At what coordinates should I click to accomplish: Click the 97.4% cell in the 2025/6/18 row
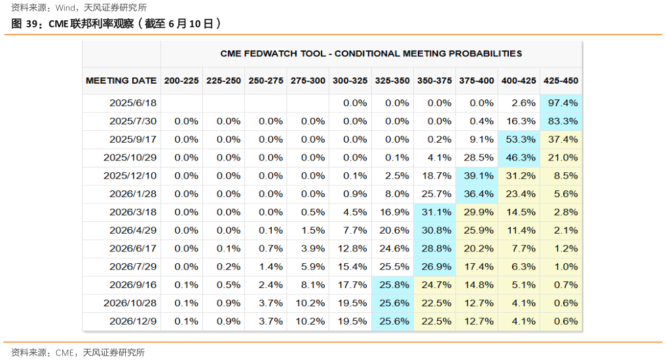pyautogui.click(x=561, y=103)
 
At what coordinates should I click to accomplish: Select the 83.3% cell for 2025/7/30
pyautogui.click(x=561, y=121)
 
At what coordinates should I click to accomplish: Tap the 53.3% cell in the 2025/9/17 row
pyautogui.click(x=519, y=139)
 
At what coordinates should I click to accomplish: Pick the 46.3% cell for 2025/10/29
pyautogui.click(x=519, y=158)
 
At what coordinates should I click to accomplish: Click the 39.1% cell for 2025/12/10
pyautogui.click(x=477, y=176)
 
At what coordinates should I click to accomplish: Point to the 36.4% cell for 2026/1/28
pyautogui.click(x=477, y=194)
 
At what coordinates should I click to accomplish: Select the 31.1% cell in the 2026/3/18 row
pyautogui.click(x=434, y=212)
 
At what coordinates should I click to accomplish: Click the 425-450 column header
pyautogui.click(x=561, y=81)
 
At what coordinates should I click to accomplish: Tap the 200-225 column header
pyautogui.click(x=181, y=81)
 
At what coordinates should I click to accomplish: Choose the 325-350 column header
pyautogui.click(x=392, y=81)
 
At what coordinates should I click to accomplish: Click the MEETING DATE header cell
pyautogui.click(x=121, y=81)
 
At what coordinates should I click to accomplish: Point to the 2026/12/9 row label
pyautogui.click(x=133, y=321)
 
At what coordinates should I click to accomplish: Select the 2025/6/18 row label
pyautogui.click(x=133, y=103)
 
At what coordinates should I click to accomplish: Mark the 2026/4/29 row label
pyautogui.click(x=133, y=230)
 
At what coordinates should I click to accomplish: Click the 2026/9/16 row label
pyautogui.click(x=133, y=285)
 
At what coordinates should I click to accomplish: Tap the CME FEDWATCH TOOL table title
pyautogui.click(x=371, y=53)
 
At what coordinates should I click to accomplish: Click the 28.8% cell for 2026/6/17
pyautogui.click(x=434, y=249)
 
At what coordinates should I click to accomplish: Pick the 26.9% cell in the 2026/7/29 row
pyautogui.click(x=434, y=267)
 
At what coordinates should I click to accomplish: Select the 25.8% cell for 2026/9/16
pyautogui.click(x=392, y=285)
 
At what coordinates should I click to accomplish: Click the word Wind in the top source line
pyautogui.click(x=64, y=8)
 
